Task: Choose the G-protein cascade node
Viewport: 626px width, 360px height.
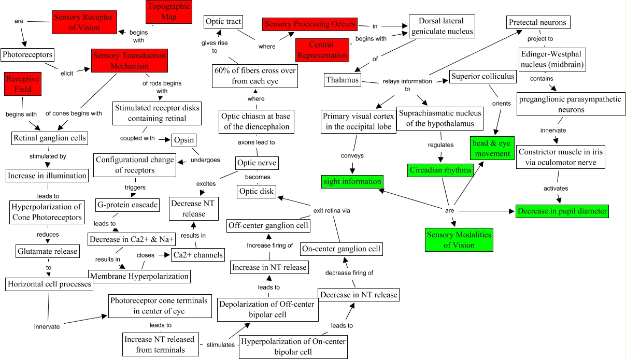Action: coord(127,205)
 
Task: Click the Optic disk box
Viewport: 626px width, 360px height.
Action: coord(256,192)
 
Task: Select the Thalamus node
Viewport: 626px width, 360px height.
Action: coord(343,80)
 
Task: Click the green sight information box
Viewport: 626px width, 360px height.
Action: coord(352,181)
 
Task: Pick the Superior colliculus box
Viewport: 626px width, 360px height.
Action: coord(482,77)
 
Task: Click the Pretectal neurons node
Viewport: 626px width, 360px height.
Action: coord(538,22)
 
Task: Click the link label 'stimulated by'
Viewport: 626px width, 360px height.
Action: coord(47,155)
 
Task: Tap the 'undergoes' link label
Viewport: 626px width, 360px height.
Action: coord(205,160)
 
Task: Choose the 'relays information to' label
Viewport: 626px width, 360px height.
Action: coord(407,85)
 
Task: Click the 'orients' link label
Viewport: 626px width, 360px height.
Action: coord(501,103)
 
